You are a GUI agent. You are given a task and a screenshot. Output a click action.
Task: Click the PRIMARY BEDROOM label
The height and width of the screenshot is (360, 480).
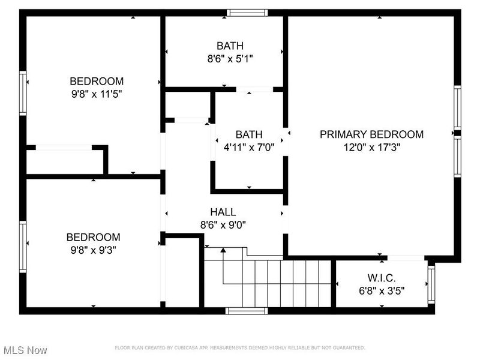(371, 134)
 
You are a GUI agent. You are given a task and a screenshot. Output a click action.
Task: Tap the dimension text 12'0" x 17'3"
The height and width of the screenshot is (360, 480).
(371, 147)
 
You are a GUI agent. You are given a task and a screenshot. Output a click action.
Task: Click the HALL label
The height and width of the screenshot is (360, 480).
(223, 212)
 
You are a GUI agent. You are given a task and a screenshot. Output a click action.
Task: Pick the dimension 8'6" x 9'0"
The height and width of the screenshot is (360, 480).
(223, 225)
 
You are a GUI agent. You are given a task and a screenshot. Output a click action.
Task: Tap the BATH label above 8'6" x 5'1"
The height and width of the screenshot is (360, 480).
(230, 46)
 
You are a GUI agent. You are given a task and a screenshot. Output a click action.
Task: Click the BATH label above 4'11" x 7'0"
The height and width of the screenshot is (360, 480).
(248, 134)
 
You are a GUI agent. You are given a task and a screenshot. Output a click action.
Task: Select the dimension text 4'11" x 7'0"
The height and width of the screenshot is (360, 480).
(248, 147)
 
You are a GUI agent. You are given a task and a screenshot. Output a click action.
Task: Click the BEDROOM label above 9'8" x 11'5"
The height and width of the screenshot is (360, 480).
(97, 81)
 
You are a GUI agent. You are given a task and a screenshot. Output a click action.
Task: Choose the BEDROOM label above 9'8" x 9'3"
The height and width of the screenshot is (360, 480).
(93, 238)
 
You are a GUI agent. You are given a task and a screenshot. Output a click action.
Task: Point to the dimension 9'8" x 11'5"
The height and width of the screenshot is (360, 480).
(97, 94)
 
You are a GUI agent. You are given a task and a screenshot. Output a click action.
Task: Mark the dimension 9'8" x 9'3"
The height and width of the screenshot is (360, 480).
(93, 250)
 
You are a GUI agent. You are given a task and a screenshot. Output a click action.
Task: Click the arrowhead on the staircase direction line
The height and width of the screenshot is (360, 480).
(223, 250)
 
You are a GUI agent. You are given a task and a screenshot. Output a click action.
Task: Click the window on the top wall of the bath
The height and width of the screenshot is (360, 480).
(247, 12)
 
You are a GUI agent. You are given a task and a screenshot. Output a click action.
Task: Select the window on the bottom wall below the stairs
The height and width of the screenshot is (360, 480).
(246, 311)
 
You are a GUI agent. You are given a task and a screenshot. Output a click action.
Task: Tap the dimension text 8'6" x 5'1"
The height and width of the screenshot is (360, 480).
(230, 59)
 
